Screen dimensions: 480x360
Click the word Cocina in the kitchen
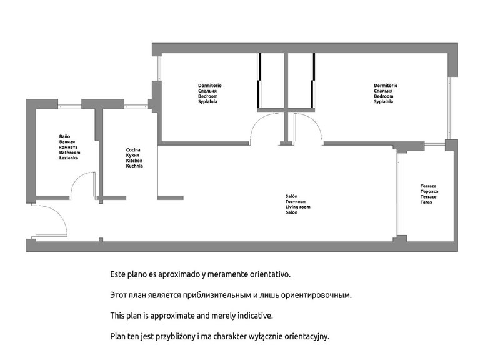coord(133,150)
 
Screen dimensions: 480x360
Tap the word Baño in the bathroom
coord(64,136)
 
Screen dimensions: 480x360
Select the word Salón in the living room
coord(291,196)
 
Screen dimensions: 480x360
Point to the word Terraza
coord(429,186)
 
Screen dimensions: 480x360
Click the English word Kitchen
coord(134,161)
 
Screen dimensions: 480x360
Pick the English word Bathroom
coord(70,152)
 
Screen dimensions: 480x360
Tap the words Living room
coord(298,207)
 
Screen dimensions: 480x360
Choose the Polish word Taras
coord(426,202)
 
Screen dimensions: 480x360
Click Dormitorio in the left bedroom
coord(210,86)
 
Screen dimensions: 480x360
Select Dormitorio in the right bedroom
coord(386,86)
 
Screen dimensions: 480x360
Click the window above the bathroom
coord(69,106)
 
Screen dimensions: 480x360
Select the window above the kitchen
coord(136,106)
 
